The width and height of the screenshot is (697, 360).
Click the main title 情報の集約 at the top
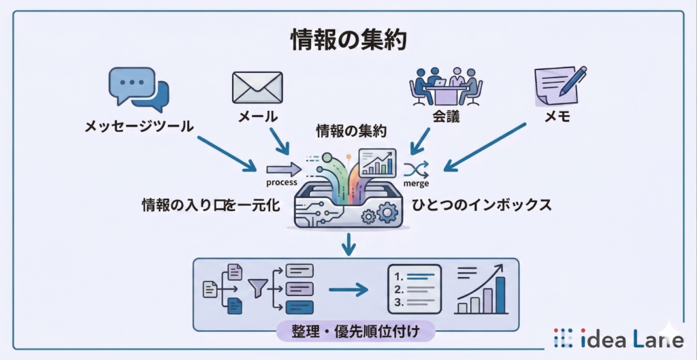click(x=348, y=40)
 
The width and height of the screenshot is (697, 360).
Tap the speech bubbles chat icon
click(x=139, y=89)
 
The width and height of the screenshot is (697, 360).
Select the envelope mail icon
click(x=257, y=87)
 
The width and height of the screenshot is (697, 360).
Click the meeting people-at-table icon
click(x=446, y=86)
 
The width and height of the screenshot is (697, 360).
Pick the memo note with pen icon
click(x=560, y=86)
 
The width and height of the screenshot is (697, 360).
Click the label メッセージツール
click(x=139, y=126)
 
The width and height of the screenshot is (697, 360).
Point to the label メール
click(x=257, y=116)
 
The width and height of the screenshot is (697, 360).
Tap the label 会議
click(x=446, y=116)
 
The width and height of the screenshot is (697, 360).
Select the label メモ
click(x=557, y=116)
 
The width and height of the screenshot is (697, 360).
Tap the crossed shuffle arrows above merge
click(x=416, y=168)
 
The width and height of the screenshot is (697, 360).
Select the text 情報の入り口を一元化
click(x=210, y=205)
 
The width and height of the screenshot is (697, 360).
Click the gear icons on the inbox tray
click(x=380, y=215)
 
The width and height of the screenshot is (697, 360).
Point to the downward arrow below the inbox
click(x=348, y=244)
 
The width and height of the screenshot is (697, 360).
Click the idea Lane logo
click(x=618, y=338)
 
